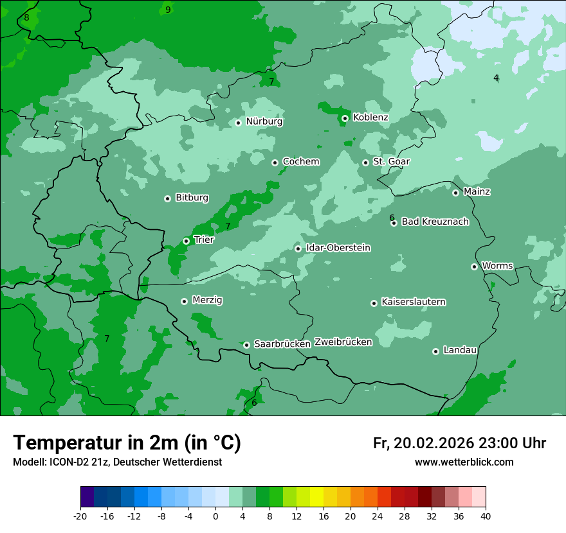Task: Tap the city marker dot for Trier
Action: click(x=186, y=241)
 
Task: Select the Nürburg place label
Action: click(x=264, y=121)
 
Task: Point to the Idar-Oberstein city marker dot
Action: click(x=298, y=249)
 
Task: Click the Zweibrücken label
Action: click(x=343, y=342)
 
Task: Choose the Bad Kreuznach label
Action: click(x=435, y=222)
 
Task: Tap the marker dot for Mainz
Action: click(x=455, y=193)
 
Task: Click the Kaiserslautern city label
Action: click(x=413, y=302)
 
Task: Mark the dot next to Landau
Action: click(x=435, y=351)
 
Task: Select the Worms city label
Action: click(x=497, y=265)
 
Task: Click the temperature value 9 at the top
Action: click(x=168, y=10)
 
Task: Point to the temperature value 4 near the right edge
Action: click(x=496, y=78)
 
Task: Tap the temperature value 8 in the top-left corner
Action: click(x=26, y=17)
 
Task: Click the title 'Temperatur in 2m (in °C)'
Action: click(x=127, y=443)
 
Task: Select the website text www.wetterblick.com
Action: click(x=464, y=462)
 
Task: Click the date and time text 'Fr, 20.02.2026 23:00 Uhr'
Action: click(x=459, y=443)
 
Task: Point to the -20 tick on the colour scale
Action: click(x=80, y=516)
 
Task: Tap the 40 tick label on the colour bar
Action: click(x=485, y=516)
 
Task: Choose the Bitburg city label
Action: click(x=192, y=198)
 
